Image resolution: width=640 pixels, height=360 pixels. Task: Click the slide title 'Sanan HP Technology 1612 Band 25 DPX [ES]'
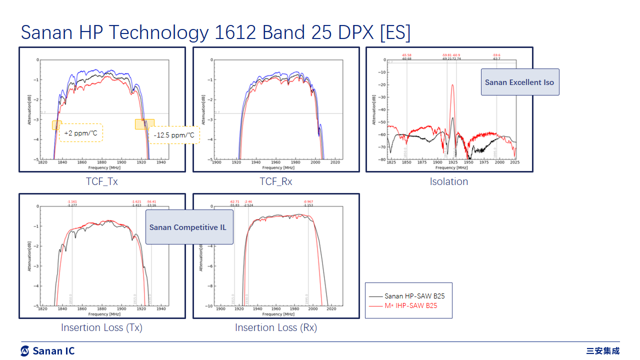(x=215, y=32)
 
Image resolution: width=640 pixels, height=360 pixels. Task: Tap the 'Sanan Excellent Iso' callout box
(x=519, y=82)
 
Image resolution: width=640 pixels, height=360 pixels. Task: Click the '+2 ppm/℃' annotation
(x=80, y=133)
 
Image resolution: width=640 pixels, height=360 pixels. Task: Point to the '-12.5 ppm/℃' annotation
(x=173, y=135)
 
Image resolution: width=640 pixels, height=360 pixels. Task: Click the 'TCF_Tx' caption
(x=102, y=181)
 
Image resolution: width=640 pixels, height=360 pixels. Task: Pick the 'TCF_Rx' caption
(x=275, y=181)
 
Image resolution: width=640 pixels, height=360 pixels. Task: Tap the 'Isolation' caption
(x=449, y=181)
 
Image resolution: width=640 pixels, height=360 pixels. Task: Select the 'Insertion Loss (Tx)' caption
(x=102, y=327)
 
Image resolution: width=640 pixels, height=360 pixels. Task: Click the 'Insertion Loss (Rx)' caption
(x=275, y=327)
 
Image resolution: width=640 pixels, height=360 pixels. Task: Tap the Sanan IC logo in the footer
(x=47, y=350)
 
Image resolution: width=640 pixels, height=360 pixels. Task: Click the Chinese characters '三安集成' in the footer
(x=603, y=350)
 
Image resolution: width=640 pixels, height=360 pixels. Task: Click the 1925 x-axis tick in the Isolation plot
(x=453, y=163)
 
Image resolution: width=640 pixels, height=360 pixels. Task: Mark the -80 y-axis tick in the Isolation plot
(x=383, y=159)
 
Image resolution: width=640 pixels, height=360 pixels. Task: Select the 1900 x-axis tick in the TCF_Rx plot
(x=216, y=163)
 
